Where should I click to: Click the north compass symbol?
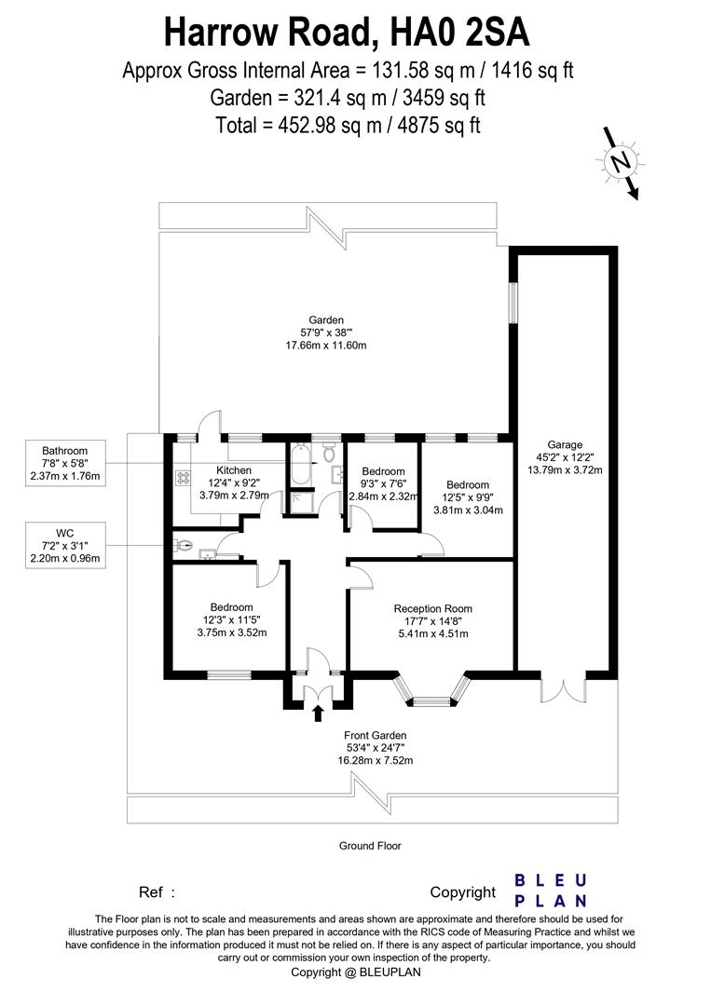tap(619, 162)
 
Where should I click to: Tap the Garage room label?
tap(565, 456)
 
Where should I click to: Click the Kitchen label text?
tap(234, 470)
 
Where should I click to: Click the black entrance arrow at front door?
tap(318, 714)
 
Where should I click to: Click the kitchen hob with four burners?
tap(184, 477)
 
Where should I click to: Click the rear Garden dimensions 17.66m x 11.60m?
tap(326, 346)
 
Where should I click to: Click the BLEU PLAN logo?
tap(551, 890)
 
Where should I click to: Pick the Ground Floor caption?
tap(370, 846)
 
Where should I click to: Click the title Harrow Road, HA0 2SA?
tap(347, 33)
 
